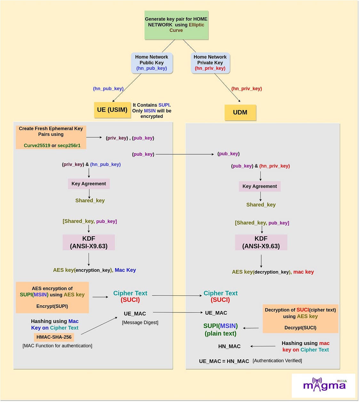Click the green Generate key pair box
click(176, 25)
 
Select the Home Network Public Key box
click(152, 63)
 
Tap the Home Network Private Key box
click(210, 63)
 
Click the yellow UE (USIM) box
click(112, 110)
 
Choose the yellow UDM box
click(240, 112)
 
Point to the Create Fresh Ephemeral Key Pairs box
click(51, 137)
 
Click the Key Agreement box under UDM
click(260, 186)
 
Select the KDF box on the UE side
click(89, 242)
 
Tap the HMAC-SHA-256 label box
click(54, 337)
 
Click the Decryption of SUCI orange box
click(300, 319)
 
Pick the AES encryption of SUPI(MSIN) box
click(52, 297)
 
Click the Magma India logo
click(324, 385)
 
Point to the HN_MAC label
click(229, 346)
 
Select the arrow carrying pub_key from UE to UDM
click(185, 154)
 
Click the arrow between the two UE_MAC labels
click(178, 312)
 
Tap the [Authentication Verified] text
click(277, 361)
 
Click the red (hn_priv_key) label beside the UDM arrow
click(246, 89)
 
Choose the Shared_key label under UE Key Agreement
click(90, 201)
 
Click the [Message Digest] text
click(140, 323)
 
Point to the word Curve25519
click(37, 145)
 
